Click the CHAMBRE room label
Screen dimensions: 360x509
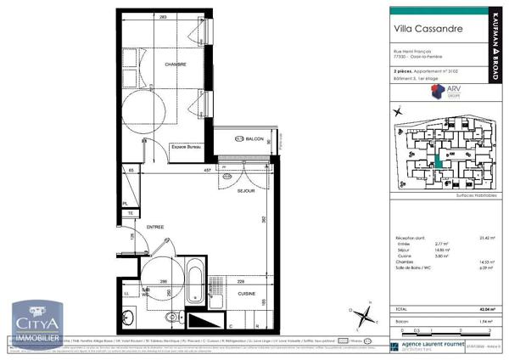[x=176, y=65]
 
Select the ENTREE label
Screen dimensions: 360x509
[x=155, y=228]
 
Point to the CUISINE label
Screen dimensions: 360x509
[x=246, y=293]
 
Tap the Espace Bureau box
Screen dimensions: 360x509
[x=188, y=147]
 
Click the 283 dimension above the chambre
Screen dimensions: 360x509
[x=161, y=17]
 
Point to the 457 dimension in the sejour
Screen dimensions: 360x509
[x=206, y=171]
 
